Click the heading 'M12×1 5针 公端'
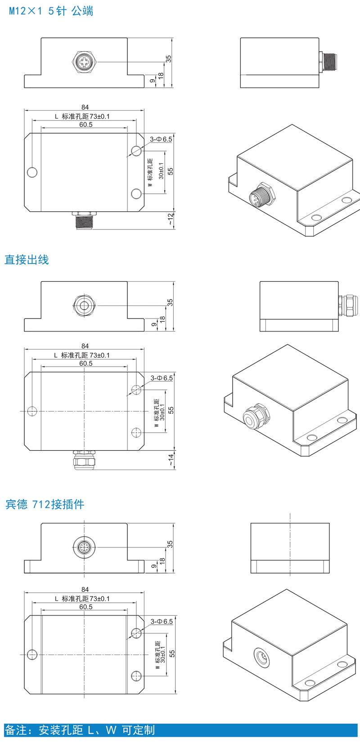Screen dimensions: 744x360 pos(51,11)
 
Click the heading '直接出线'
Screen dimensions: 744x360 pos(27,260)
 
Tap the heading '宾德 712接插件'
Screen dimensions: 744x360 pos(45,504)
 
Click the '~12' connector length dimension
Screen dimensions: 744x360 pos(171,219)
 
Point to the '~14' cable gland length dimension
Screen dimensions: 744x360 pos(171,459)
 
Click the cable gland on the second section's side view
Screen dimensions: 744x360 pos(346,305)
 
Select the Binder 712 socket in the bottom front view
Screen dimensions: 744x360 pos(84,547)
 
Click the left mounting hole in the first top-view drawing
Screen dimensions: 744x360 pos(32,172)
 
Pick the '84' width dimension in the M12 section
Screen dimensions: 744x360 pos(85,107)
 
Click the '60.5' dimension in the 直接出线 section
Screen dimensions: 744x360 pos(86,363)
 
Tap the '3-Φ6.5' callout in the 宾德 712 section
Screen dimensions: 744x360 pos(162,621)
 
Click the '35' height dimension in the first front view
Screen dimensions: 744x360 pos(169,59)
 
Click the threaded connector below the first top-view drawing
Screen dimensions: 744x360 pos(84,221)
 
